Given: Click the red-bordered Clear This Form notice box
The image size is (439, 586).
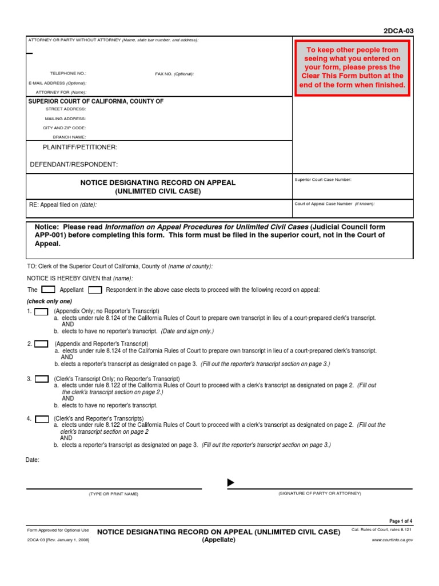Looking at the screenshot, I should coord(352,68).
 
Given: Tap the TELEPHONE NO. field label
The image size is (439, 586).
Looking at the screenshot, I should coord(68,74).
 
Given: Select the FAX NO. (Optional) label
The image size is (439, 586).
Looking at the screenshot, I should coord(174,74).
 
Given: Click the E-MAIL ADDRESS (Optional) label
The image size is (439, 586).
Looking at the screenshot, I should coord(57,83).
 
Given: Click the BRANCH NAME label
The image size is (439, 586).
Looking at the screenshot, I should coord(69,137).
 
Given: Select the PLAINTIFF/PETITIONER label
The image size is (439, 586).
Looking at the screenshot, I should coord(80,147).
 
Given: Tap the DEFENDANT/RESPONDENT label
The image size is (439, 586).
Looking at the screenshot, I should coord(74,164).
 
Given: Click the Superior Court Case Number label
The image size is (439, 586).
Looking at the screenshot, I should coord(322,180).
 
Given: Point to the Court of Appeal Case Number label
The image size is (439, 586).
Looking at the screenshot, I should coord(334,203).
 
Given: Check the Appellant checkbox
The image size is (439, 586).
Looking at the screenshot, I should coord(49,290).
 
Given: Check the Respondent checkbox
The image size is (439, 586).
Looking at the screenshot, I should coord(95,290).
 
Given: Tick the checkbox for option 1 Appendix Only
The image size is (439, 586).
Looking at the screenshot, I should coord(41,312).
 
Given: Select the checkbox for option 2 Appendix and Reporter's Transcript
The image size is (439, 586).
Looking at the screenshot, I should coord(41,344).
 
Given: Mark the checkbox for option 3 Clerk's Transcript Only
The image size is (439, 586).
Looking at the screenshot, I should coord(41,379).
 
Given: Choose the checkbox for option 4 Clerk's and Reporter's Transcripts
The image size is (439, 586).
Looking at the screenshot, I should coord(41,419).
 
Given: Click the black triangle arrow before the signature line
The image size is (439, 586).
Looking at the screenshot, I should coord(231,483).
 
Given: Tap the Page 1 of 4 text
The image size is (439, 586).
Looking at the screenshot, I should coord(401,521).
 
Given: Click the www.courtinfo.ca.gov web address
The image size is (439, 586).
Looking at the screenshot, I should coord(392,540).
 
